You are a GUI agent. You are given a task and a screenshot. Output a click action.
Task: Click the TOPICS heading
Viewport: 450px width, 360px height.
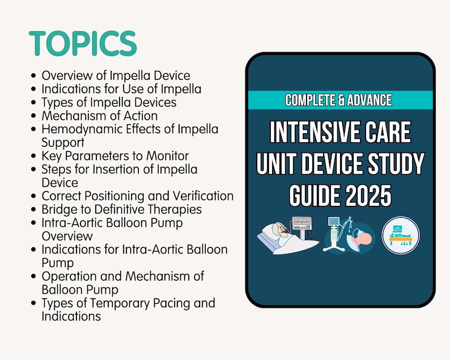point(83,44)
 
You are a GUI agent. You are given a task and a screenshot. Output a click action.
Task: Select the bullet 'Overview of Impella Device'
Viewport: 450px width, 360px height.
point(116,75)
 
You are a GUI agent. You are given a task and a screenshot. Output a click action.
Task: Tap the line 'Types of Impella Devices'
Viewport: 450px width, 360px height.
point(109,103)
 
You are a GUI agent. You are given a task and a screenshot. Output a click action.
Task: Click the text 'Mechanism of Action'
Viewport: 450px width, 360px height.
point(100,116)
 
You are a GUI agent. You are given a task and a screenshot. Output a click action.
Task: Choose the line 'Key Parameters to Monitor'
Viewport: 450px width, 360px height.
point(115,156)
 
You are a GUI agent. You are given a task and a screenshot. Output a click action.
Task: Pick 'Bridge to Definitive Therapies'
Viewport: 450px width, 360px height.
point(121,210)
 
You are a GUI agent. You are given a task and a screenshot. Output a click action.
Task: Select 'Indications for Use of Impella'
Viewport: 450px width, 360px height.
point(121,89)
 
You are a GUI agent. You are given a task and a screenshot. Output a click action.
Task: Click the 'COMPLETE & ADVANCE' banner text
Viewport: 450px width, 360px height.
point(338,100)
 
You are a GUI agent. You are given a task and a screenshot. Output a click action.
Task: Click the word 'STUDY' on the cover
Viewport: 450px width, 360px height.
point(392,164)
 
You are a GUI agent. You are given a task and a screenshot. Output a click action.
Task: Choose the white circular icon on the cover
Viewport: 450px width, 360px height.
point(401,234)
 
